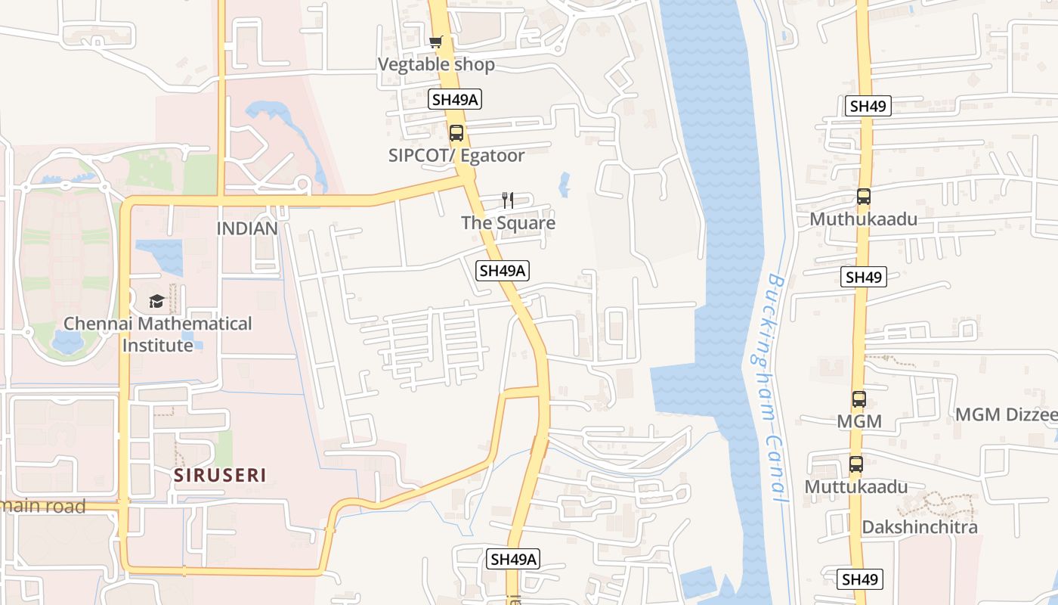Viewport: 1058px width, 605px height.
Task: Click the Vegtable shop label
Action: [436, 64]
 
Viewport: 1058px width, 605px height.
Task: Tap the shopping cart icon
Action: [435, 42]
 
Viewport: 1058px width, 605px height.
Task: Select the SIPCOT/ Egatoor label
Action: [456, 155]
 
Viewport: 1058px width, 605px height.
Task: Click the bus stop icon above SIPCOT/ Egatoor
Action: [456, 133]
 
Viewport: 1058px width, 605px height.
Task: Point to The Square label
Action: [508, 222]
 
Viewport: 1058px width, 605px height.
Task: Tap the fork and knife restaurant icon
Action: [508, 200]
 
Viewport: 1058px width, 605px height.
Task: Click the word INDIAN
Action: [247, 228]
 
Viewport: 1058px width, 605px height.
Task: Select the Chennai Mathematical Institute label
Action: [158, 334]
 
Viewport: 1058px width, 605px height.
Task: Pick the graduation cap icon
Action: [156, 302]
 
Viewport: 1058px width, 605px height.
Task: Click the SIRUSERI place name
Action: [221, 476]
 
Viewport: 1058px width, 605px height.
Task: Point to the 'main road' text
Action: [43, 506]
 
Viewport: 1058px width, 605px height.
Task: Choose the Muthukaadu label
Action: [863, 219]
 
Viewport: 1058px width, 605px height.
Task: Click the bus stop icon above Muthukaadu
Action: [863, 197]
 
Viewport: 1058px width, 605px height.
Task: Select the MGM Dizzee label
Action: [1006, 414]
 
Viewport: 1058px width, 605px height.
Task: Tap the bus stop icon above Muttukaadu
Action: [855, 464]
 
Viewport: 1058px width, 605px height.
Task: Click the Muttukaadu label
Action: [855, 486]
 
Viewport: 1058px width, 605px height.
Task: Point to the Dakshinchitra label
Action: [920, 527]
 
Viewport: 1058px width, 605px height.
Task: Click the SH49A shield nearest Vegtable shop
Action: [455, 99]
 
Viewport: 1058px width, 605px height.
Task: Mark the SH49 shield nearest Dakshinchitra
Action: [860, 579]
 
